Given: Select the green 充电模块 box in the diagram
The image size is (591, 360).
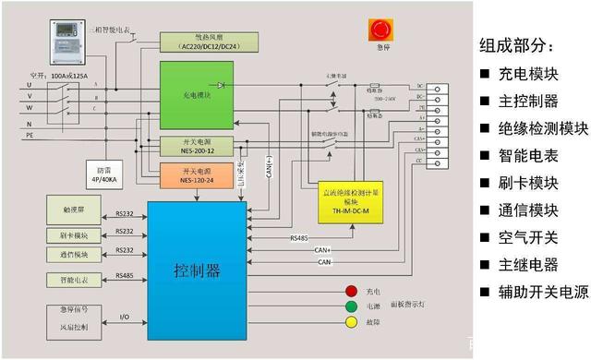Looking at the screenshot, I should point(196,95).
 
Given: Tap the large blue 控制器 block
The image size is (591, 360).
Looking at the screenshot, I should point(199,270).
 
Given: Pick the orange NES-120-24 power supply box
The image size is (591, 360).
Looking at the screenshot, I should point(196,176).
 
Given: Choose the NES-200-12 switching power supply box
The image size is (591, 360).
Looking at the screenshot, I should point(196,147).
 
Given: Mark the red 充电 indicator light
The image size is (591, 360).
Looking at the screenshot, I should point(350,291).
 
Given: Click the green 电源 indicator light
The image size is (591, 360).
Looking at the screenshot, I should point(350,306).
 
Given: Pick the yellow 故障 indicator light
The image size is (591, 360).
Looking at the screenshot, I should point(350,323).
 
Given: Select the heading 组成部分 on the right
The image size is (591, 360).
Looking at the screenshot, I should point(518,45).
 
